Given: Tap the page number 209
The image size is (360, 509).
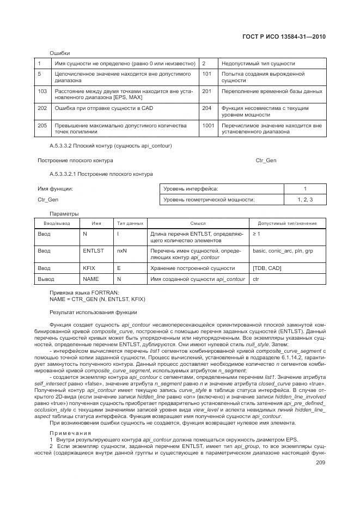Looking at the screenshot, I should click(x=321, y=463).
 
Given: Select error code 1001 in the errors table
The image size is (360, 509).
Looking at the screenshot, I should click(x=208, y=126).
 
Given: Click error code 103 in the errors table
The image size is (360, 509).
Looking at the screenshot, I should click(x=42, y=91).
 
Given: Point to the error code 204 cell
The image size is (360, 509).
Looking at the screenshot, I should click(x=206, y=108).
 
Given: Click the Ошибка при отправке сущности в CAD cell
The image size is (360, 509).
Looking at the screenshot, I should click(x=104, y=108).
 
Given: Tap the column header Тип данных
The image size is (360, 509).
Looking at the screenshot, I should click(x=130, y=224).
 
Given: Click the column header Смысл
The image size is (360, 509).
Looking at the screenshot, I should click(x=198, y=224).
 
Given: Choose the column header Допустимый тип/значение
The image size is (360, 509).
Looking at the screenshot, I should click(x=287, y=224).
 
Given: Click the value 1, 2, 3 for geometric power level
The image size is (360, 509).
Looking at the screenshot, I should click(x=305, y=200).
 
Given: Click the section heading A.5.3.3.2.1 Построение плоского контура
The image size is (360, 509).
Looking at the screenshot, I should click(x=101, y=174).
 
